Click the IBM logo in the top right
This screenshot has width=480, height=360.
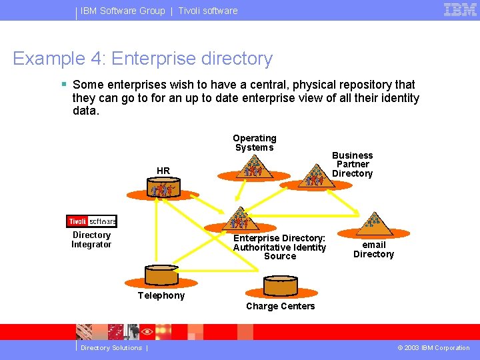click(460, 9)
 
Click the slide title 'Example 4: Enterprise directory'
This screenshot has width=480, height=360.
click(143, 59)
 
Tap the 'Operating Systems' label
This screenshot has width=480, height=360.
click(254, 143)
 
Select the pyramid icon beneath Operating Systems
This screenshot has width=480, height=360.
click(254, 169)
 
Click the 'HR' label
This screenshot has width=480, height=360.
click(163, 171)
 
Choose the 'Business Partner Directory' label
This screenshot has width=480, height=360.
click(352, 165)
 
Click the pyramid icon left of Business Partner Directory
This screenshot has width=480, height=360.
click(314, 177)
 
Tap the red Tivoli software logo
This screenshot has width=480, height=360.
click(91, 221)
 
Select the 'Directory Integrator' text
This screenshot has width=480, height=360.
click(91, 240)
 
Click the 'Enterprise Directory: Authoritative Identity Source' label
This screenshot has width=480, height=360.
click(279, 247)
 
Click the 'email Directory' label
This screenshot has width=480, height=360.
click(373, 249)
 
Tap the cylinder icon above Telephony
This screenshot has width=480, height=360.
click(161, 275)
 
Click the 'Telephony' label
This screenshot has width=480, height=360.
click(161, 295)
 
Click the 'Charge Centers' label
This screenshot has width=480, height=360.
click(280, 306)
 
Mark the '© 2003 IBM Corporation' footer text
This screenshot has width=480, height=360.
click(433, 348)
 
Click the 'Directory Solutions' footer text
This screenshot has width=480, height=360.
click(111, 348)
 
